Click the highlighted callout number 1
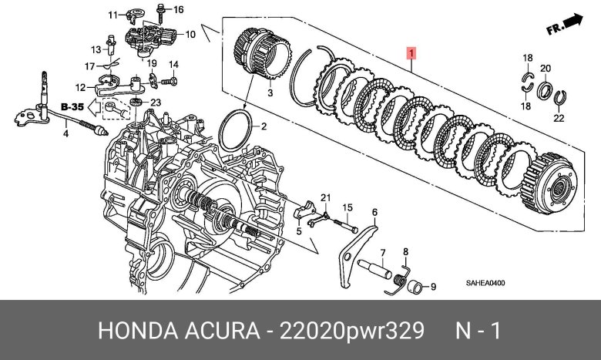tap(411, 53)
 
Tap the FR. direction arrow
tap(564, 24)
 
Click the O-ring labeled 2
tap(235, 130)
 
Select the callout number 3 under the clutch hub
tap(270, 93)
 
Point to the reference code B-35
tap(72, 106)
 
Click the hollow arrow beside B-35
tap(94, 107)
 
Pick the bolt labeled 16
tap(160, 13)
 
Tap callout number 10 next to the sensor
tap(190, 35)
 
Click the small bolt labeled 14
tap(169, 81)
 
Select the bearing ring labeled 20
tap(544, 91)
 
